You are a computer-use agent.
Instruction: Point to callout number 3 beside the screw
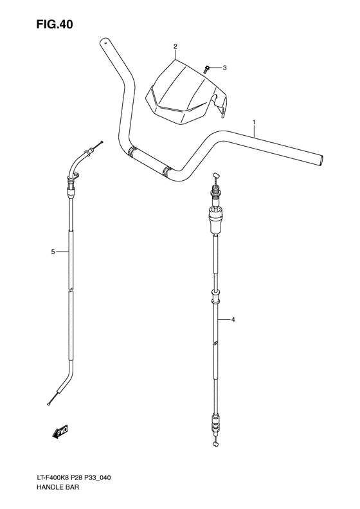(224, 67)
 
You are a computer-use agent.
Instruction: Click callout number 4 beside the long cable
(233, 320)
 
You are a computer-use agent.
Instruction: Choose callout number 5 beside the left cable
(53, 252)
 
